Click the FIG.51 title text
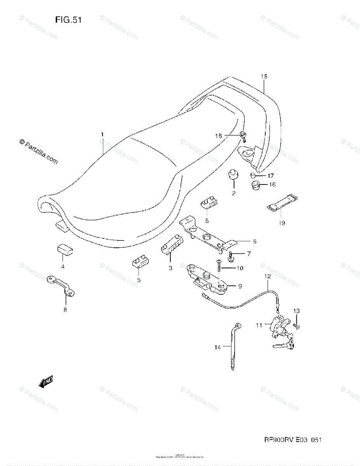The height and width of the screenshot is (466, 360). (68, 20)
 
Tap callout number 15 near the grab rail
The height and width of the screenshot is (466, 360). (264, 77)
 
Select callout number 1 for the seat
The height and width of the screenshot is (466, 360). (103, 134)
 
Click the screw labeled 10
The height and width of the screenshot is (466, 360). (219, 267)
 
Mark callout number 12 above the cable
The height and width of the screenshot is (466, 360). (267, 276)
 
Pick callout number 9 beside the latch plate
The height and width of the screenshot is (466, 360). (240, 287)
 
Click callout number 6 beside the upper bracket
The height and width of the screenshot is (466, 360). (254, 242)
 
